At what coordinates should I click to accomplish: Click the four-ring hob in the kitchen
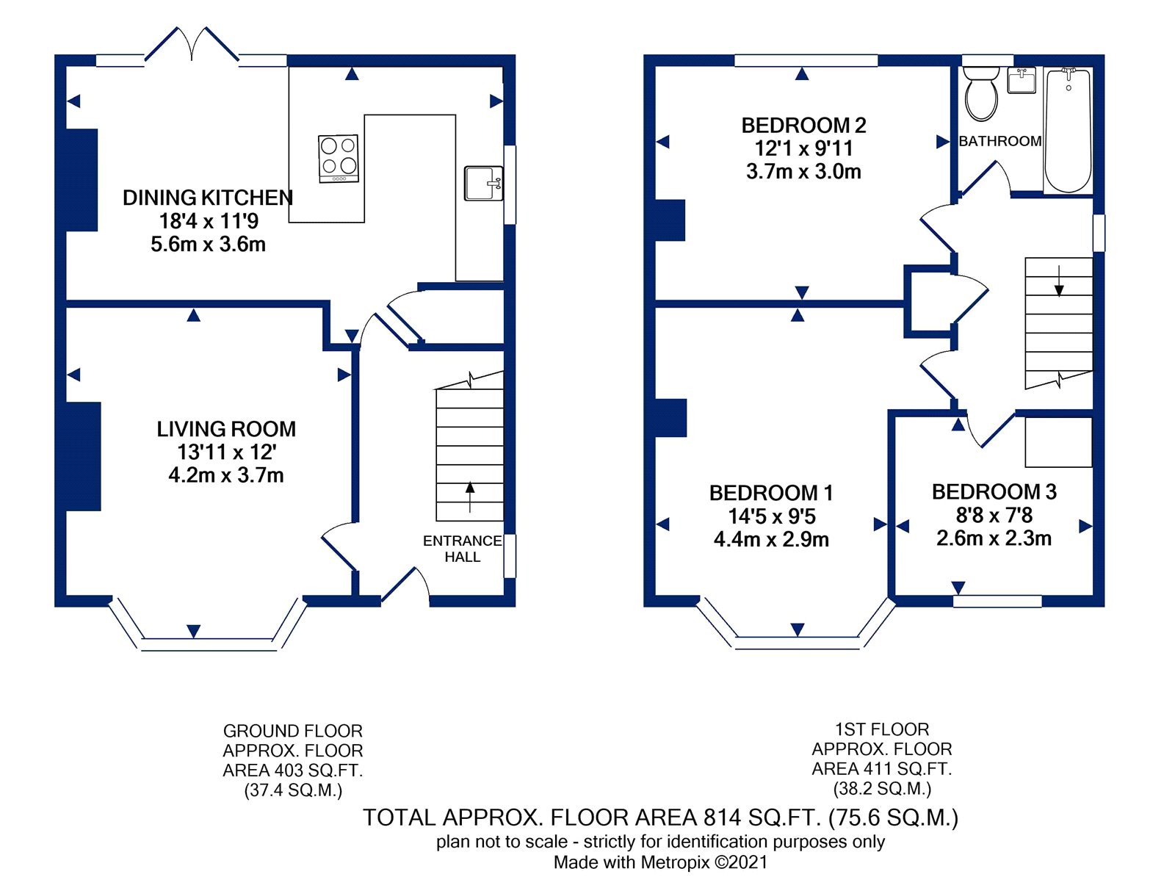[x=339, y=159]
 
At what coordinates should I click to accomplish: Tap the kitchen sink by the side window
[x=483, y=183]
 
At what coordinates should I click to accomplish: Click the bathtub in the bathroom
[x=1069, y=130]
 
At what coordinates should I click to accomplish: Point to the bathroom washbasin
[x=1022, y=80]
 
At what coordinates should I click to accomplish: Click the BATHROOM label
[x=1000, y=141]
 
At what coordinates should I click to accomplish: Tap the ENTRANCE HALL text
[x=463, y=549]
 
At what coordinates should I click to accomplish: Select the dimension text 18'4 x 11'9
[x=209, y=220]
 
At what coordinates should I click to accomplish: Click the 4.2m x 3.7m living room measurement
[x=226, y=475]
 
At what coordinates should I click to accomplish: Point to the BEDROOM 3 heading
[x=994, y=492]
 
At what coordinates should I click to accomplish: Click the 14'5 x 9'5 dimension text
[x=771, y=516]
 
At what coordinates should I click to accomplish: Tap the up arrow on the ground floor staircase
[x=470, y=497]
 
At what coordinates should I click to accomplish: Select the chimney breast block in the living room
[x=83, y=456]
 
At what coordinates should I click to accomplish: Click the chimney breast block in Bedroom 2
[x=670, y=220]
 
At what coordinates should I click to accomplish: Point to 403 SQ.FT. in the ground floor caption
[x=319, y=770]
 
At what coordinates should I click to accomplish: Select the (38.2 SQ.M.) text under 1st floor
[x=882, y=788]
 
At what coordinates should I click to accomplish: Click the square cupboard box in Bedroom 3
[x=1058, y=442]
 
